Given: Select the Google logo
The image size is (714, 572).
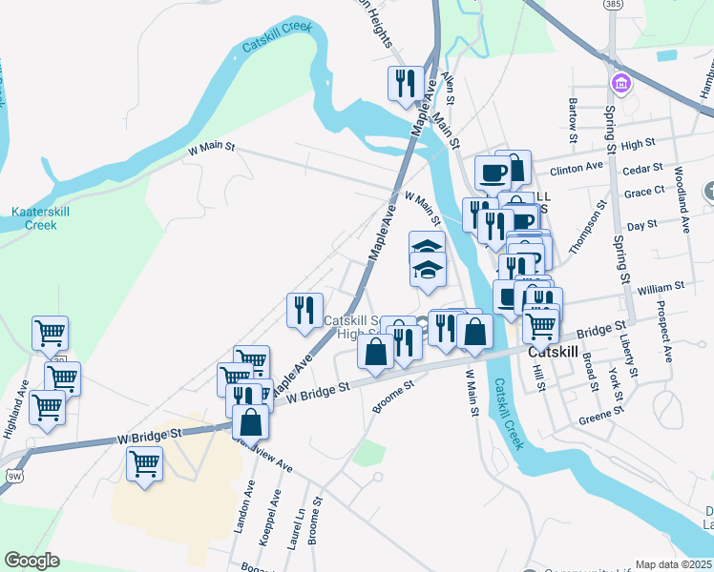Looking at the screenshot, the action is click(x=31, y=561).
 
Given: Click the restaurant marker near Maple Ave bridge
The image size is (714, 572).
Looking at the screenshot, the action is click(x=406, y=84).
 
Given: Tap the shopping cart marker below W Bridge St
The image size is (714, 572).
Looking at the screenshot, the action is click(x=144, y=465).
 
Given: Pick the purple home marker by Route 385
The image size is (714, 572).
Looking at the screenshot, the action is click(x=622, y=84).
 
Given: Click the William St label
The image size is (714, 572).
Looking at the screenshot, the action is click(x=661, y=286).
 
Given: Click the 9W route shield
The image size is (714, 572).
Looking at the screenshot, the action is click(x=13, y=473).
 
